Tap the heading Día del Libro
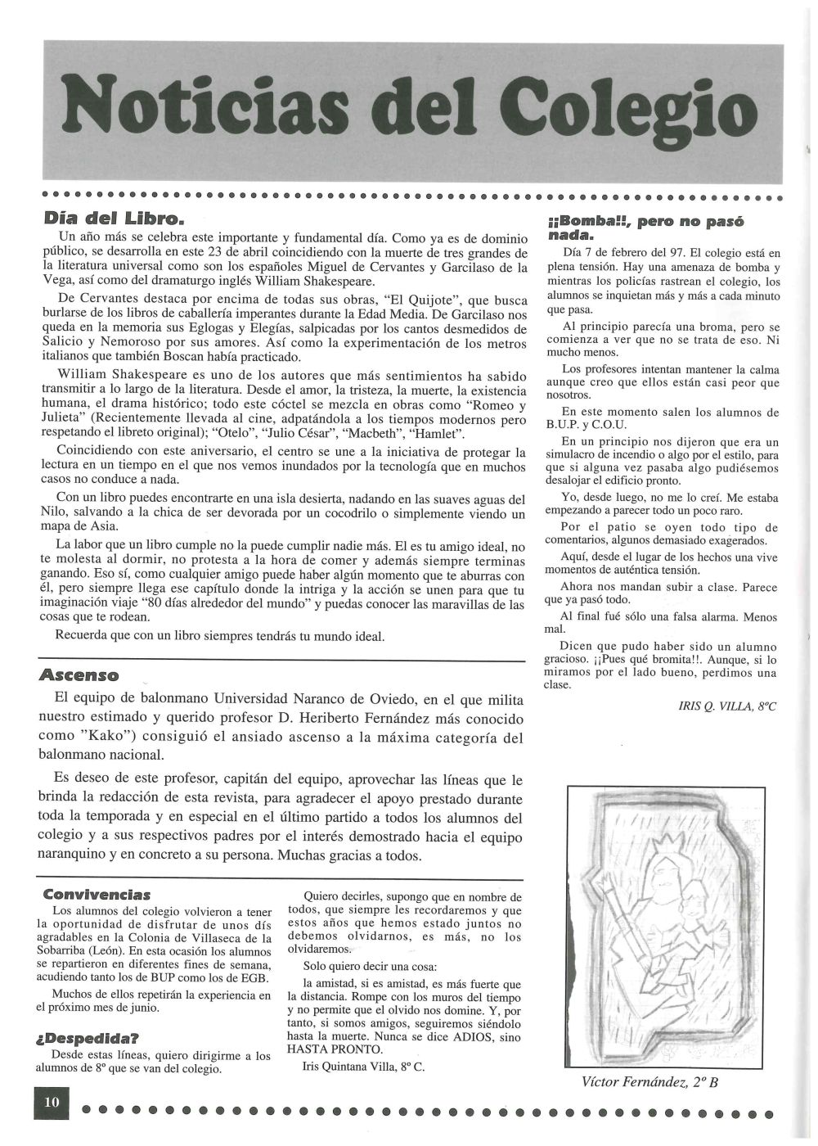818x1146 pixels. [x=114, y=219]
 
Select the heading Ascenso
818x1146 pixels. [x=79, y=675]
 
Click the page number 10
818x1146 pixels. [x=52, y=1102]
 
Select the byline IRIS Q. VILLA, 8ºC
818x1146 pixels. [x=726, y=706]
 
